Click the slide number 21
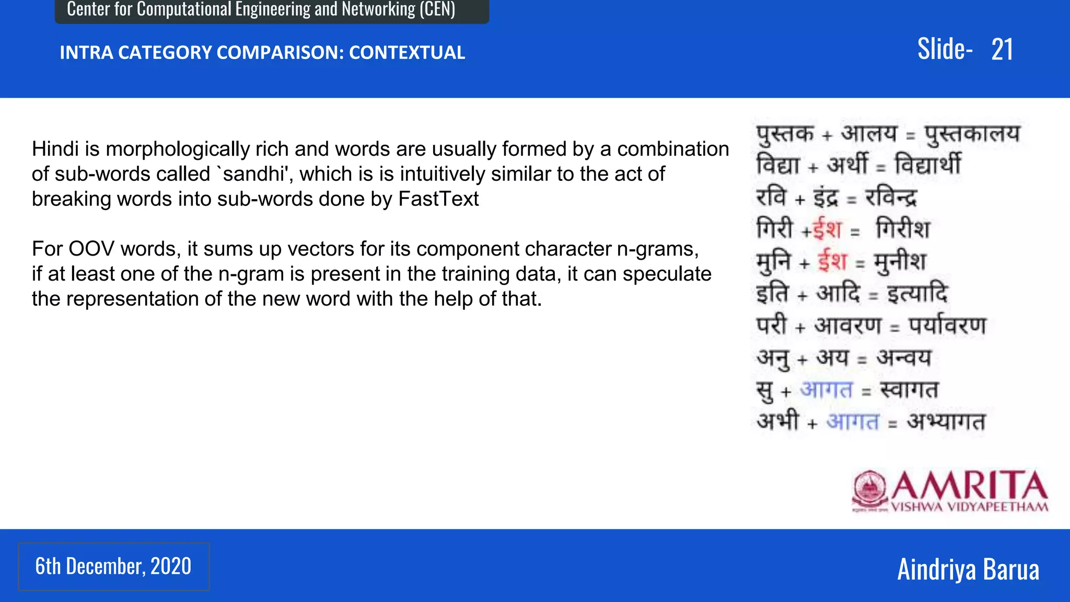(x=1002, y=50)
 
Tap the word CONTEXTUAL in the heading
(x=406, y=53)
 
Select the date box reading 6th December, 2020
(x=113, y=566)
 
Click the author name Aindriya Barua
(x=968, y=569)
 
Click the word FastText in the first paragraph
(x=438, y=199)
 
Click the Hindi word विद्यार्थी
(x=927, y=165)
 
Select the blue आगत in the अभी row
(x=853, y=421)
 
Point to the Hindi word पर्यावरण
(x=947, y=326)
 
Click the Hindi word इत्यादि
(x=917, y=294)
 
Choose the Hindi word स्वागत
(x=909, y=390)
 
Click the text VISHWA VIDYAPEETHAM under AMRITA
(x=969, y=507)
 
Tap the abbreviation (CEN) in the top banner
(x=437, y=9)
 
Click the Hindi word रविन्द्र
(x=891, y=198)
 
